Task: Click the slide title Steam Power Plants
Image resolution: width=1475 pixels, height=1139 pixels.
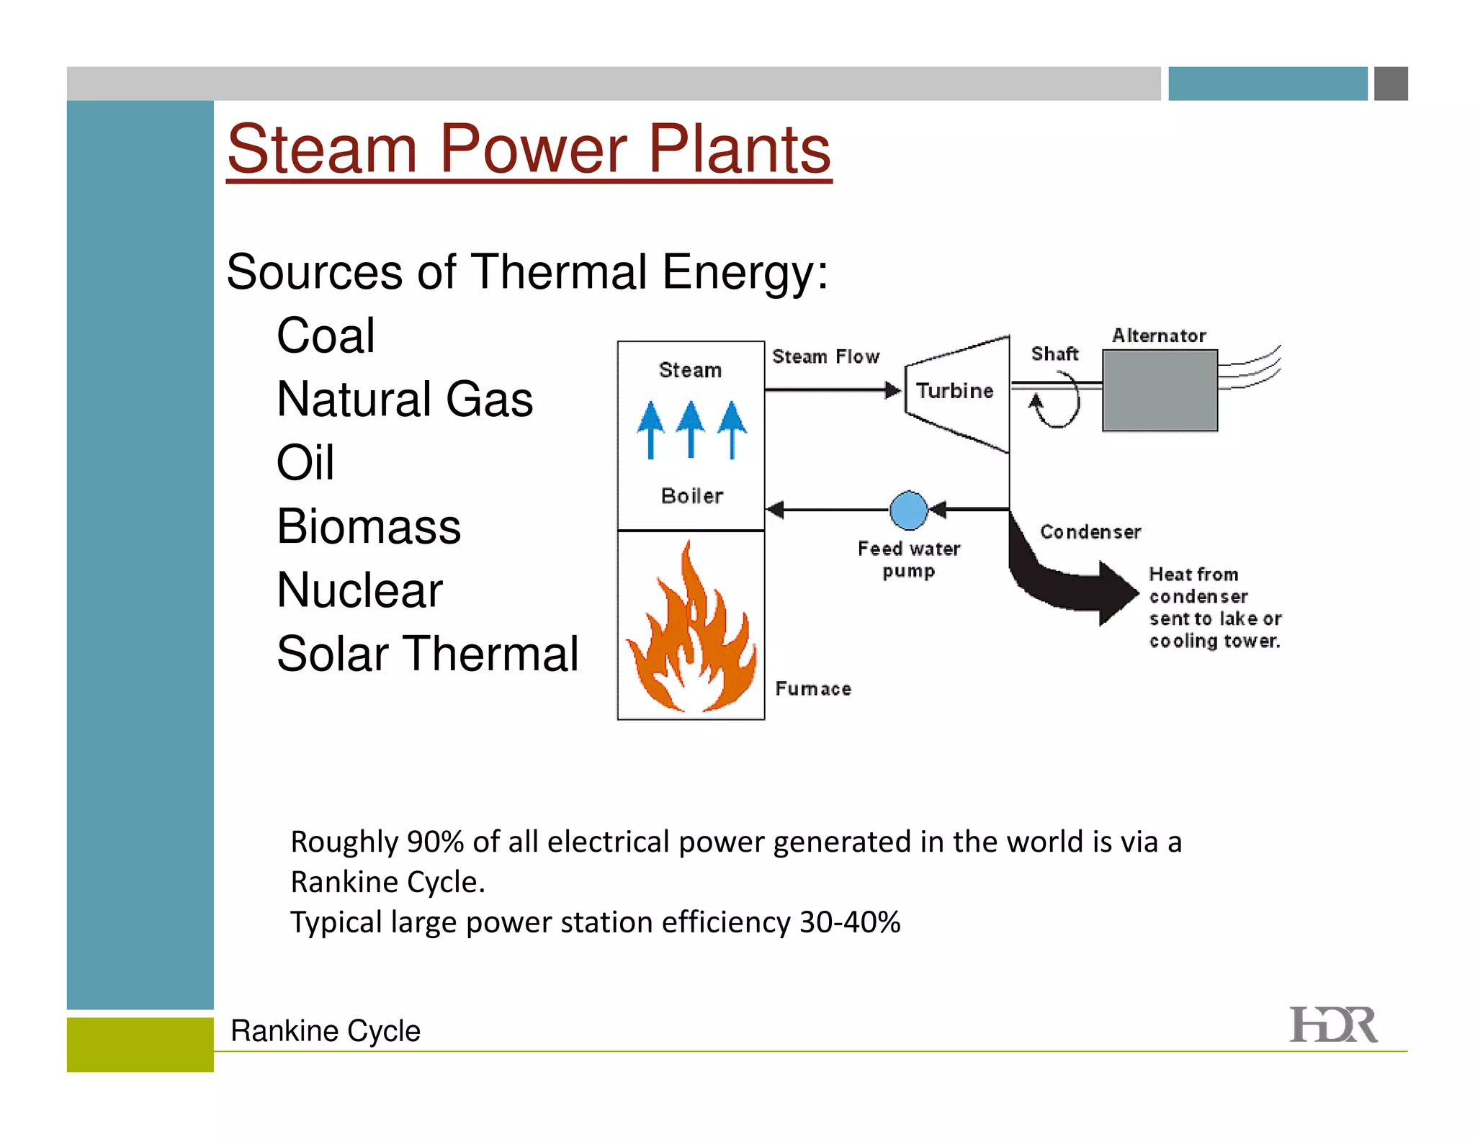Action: click(529, 149)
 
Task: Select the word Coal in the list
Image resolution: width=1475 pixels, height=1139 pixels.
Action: click(326, 336)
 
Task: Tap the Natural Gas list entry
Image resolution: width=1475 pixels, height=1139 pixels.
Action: click(405, 399)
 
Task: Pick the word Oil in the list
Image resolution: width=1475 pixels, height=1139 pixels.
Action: click(305, 462)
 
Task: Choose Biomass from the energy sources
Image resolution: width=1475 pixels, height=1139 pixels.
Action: click(369, 526)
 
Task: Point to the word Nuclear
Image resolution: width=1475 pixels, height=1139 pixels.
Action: click(359, 590)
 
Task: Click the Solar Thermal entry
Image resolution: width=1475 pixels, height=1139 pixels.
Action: click(428, 654)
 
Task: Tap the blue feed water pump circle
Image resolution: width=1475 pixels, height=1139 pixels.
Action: click(909, 510)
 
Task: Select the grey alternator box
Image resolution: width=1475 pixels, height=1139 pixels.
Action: click(1160, 390)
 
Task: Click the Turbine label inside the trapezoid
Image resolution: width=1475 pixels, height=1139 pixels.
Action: click(955, 391)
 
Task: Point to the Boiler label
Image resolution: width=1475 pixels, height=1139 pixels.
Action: click(692, 496)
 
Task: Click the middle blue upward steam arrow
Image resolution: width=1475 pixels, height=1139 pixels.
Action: click(691, 428)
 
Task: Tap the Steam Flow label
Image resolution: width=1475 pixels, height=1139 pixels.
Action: click(825, 356)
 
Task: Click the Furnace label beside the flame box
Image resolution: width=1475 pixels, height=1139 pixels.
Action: click(813, 689)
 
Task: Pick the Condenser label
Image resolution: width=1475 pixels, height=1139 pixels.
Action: click(1090, 532)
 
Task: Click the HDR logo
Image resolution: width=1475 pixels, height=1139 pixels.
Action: click(1333, 1025)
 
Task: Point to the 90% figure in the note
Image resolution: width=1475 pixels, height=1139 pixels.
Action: click(435, 842)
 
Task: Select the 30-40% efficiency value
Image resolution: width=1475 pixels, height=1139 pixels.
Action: click(850, 922)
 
